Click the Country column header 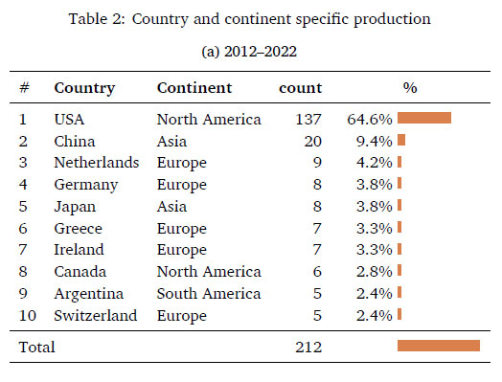tap(84, 88)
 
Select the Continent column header tap(194, 88)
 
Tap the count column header tap(300, 88)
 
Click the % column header tap(410, 88)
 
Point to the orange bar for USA tap(424, 118)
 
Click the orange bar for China tap(401, 140)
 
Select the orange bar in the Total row tap(439, 346)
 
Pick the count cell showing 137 tap(308, 120)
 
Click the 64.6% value tap(370, 120)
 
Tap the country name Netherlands tap(97, 163)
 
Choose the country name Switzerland tap(96, 315)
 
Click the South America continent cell tap(209, 294)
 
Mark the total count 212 tap(308, 348)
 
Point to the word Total tap(36, 348)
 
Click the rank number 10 tap(27, 315)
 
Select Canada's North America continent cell tap(209, 272)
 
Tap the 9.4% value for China tap(374, 142)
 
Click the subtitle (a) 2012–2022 tap(249, 52)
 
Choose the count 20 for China tap(312, 142)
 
